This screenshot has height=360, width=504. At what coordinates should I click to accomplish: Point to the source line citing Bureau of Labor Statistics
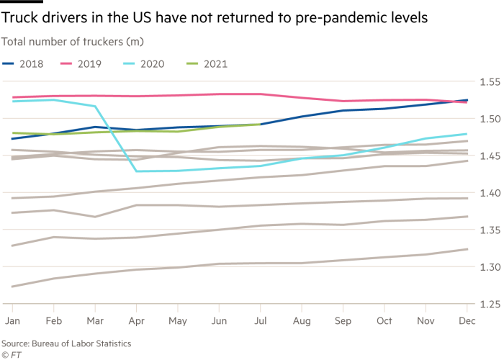point(60,344)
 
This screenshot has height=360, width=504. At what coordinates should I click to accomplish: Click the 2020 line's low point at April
point(136,171)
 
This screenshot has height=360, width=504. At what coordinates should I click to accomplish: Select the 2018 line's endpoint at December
point(468,100)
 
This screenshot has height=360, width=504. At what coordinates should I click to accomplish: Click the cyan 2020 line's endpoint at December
point(468,134)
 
